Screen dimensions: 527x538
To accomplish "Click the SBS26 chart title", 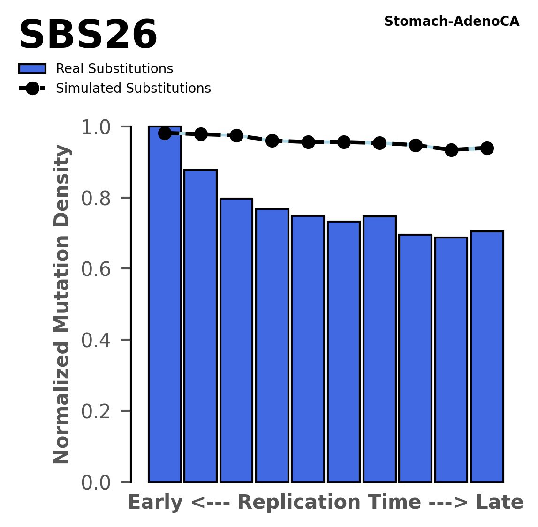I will point(88,36).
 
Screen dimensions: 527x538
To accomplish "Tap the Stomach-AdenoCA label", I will point(451,22).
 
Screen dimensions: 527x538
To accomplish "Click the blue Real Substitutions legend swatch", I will point(32,69).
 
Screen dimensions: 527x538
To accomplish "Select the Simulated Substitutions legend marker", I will point(32,88).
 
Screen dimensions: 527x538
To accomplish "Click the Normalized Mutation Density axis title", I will point(62,304).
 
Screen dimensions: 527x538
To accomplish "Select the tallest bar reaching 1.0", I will point(165,304).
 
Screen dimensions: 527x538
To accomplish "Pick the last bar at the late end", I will point(487,356).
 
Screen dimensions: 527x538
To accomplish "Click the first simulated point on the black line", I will point(165,133).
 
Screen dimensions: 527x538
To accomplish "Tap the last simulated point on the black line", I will point(487,148).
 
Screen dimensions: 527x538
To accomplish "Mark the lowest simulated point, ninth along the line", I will point(451,150).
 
